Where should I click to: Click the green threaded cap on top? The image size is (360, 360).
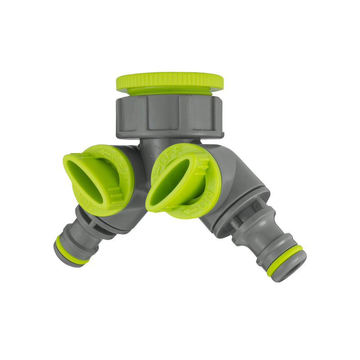point(169,81)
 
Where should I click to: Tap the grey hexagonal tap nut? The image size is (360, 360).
point(169,117)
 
